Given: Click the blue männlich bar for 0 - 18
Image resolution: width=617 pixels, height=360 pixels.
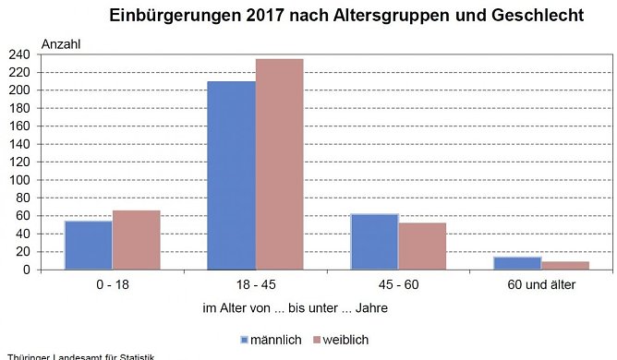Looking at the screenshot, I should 88,246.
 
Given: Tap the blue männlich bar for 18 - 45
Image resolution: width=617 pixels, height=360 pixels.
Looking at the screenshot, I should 231,175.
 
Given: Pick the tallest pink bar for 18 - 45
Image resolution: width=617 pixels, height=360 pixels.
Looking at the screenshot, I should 279,164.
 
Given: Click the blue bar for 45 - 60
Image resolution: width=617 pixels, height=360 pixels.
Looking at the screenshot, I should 374,242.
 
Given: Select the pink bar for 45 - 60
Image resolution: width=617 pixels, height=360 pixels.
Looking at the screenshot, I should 422,246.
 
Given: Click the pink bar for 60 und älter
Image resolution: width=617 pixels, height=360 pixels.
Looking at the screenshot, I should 565,266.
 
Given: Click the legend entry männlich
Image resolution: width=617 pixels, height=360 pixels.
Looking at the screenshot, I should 271,339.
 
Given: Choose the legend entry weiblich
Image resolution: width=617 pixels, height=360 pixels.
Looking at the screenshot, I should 346,339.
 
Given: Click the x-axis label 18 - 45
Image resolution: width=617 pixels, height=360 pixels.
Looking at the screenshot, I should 255,284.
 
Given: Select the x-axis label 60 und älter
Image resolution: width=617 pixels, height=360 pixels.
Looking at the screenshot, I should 541,284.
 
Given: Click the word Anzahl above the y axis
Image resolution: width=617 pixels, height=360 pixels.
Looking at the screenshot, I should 62,42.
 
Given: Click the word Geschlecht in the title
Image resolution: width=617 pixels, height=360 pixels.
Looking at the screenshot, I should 537,16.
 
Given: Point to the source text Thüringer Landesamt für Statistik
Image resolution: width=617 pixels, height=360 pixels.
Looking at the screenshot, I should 79,356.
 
